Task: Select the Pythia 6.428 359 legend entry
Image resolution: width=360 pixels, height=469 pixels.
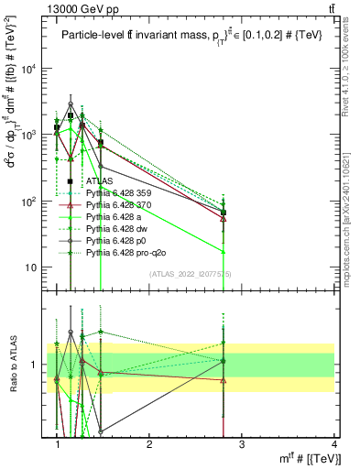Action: [x=122, y=193]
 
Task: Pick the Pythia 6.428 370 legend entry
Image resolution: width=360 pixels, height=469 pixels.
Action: [x=122, y=205]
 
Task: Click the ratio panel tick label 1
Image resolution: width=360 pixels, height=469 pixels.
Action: [x=35, y=365]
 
